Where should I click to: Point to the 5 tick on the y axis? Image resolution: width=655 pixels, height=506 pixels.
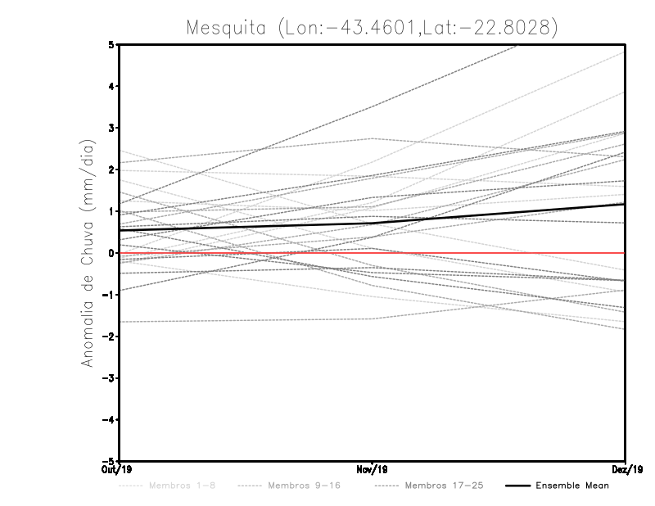tap(111, 45)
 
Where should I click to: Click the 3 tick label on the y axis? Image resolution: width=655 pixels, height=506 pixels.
tap(111, 128)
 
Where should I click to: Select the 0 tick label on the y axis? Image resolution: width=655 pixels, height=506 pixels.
tap(111, 253)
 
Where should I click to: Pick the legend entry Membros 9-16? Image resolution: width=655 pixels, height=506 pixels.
tap(304, 486)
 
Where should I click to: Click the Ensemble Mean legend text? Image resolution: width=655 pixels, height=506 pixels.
tap(572, 486)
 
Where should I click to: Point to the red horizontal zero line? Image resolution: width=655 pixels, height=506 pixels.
tap(491, 253)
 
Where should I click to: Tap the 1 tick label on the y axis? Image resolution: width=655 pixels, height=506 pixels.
tap(111, 211)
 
